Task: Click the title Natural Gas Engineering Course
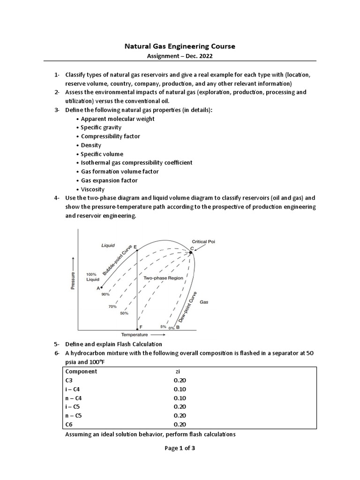click(x=180, y=46)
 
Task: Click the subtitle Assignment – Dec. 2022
click(x=180, y=56)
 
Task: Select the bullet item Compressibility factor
click(x=110, y=136)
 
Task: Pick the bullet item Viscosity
click(x=93, y=189)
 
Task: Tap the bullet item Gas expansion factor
click(x=109, y=180)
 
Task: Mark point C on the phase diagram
click(x=192, y=252)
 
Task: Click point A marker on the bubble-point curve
click(x=101, y=287)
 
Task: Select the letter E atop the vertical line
click(x=135, y=246)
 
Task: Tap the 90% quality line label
click(x=105, y=294)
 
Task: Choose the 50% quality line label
click(x=124, y=313)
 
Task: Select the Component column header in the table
click(x=81, y=371)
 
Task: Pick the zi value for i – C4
click(x=180, y=389)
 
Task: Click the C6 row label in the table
click(x=69, y=424)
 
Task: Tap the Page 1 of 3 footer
click(x=180, y=448)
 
